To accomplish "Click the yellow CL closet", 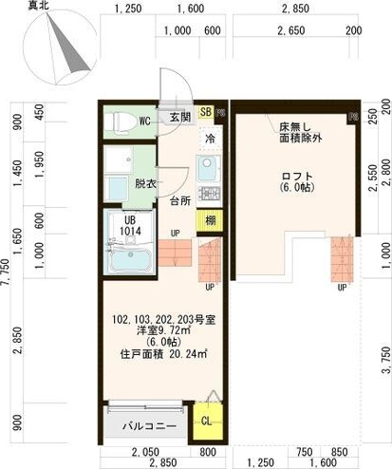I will point(206,420).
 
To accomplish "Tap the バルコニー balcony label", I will point(148,425).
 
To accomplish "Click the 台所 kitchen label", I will point(181,201).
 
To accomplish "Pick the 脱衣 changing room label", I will point(145,183).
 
